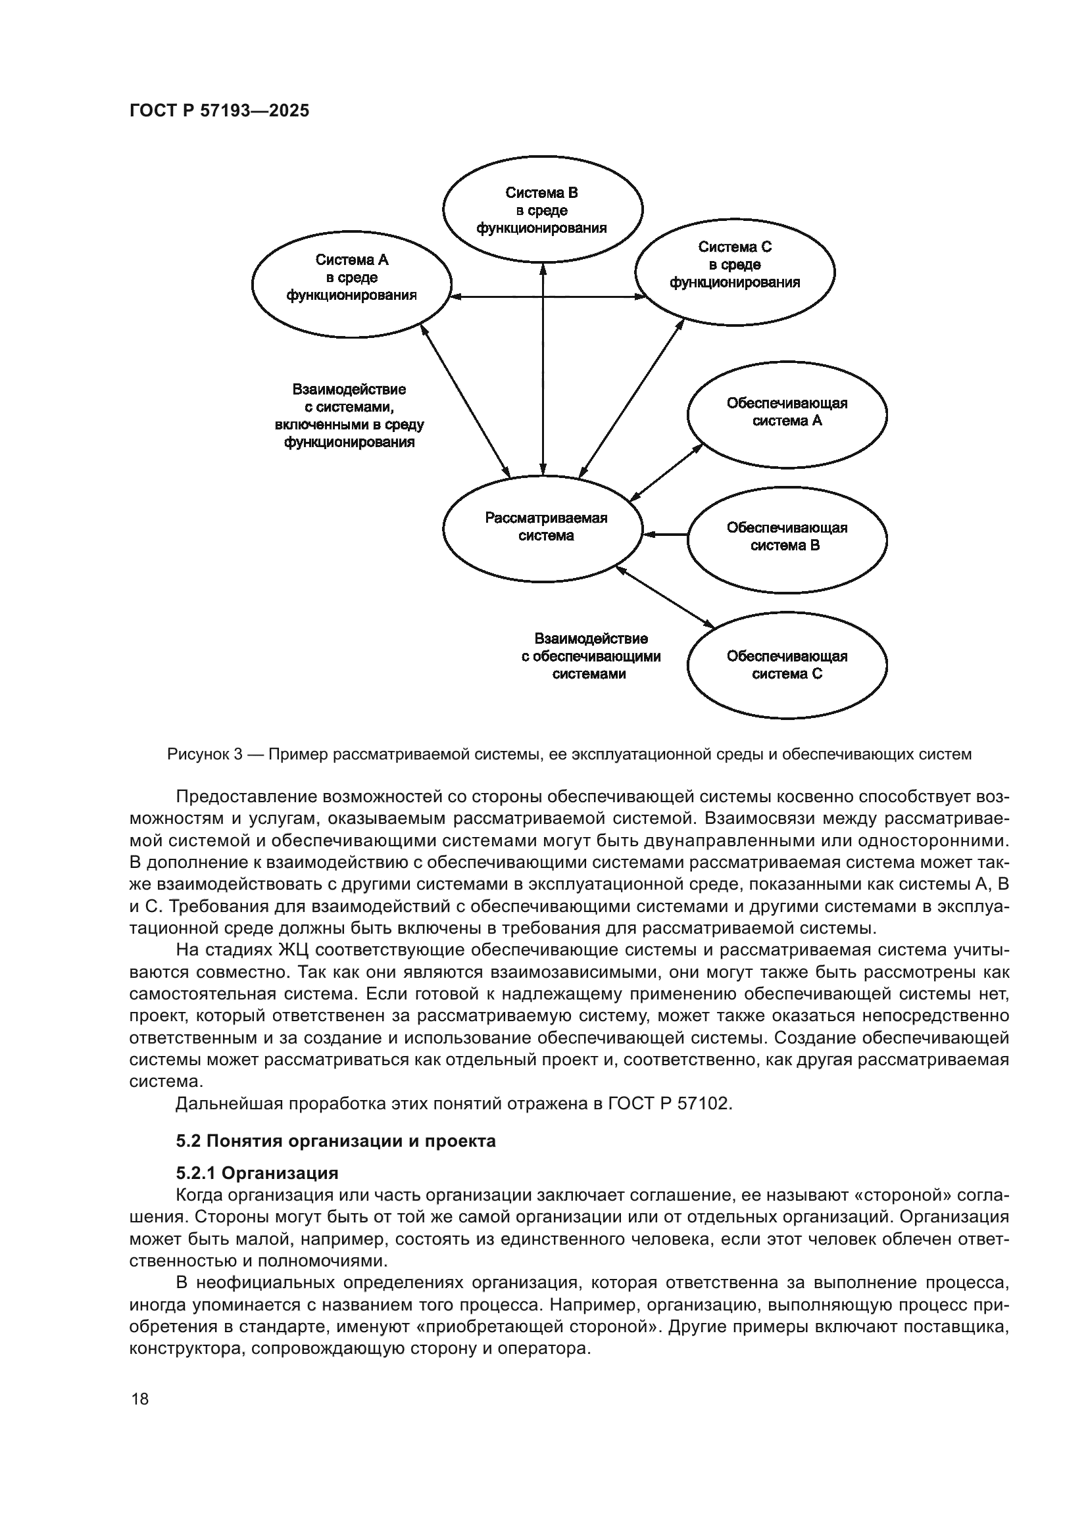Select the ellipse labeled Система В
coord(542,210)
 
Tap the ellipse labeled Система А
coord(351,277)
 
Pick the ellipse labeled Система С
coord(734,264)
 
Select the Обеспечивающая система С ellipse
coord(787,665)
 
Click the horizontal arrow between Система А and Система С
coord(544,296)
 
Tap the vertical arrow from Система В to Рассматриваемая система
coord(543,368)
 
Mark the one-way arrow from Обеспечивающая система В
coord(665,534)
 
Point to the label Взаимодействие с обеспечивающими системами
coord(590,656)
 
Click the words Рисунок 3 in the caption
coord(205,755)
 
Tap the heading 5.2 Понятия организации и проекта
coord(335,1141)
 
